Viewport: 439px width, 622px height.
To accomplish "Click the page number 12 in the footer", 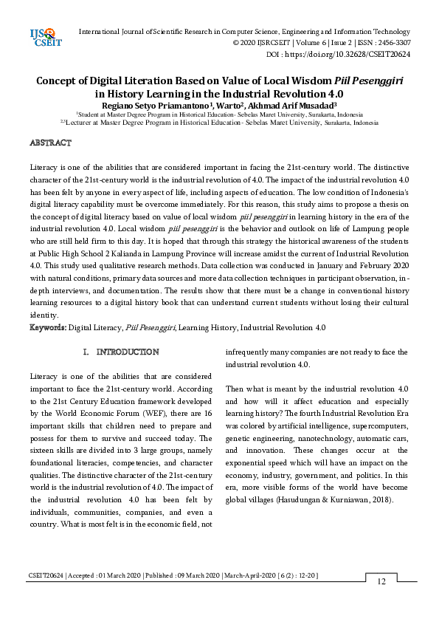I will [381, 581].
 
